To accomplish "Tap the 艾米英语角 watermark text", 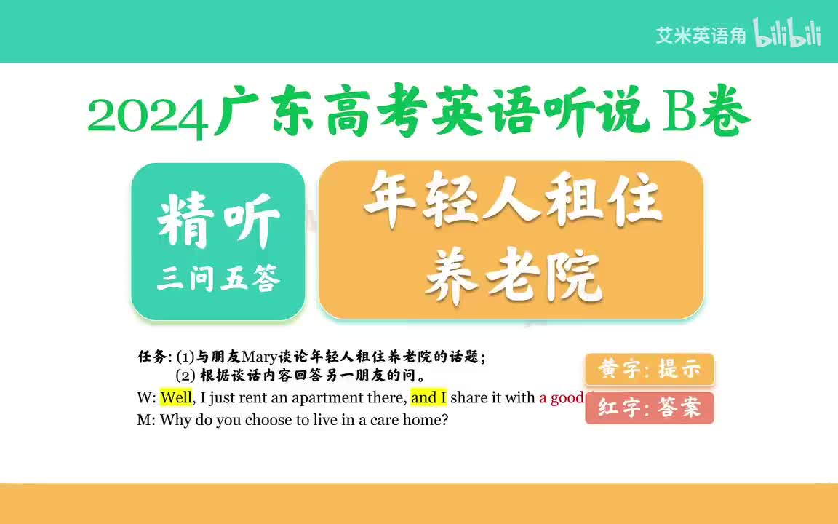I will [701, 36].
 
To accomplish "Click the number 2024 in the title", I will [149, 117].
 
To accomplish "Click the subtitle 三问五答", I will [218, 279].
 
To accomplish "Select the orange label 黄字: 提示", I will [649, 370].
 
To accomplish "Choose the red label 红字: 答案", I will [649, 408].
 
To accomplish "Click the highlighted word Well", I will [176, 398].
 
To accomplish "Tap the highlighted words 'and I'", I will [428, 398].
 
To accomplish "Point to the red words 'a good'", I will [561, 398].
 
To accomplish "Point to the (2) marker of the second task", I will [185, 376].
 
